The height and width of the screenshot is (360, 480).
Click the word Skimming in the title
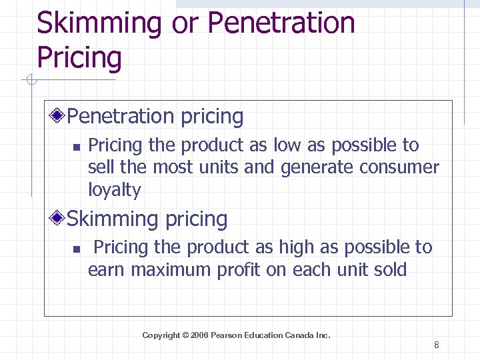click(99, 23)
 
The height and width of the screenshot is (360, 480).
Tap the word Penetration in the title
click(281, 23)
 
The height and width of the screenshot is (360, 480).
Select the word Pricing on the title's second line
click(79, 57)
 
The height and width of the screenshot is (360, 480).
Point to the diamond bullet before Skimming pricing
click(59, 219)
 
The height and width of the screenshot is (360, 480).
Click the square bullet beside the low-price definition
click(76, 146)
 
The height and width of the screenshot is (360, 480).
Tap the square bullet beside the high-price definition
click(76, 249)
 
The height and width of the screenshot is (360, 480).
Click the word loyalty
click(115, 190)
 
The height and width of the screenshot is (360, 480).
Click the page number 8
click(436, 345)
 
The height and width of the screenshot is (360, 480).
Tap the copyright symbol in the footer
click(185, 335)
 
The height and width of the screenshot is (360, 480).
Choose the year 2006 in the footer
click(199, 335)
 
